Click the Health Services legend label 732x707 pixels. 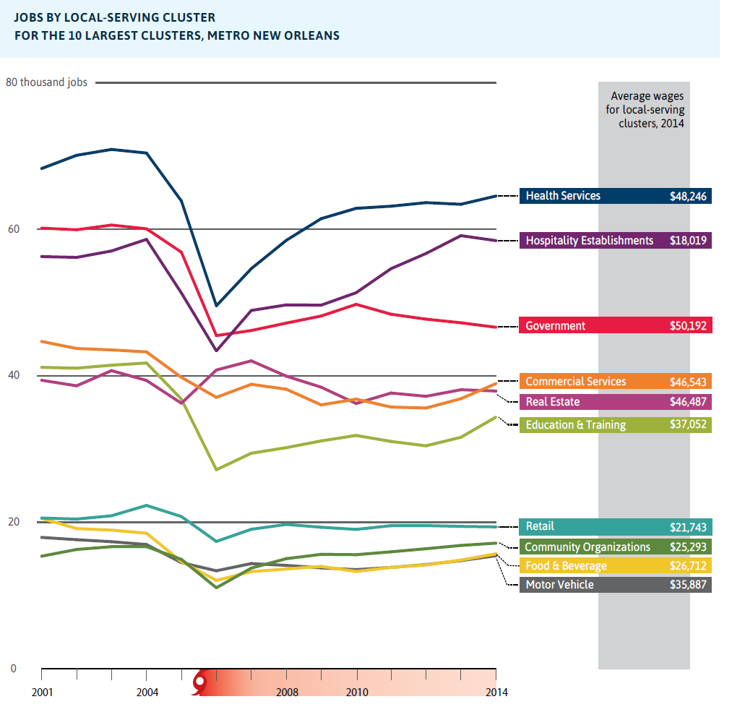coord(563,196)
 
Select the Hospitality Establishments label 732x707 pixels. coord(589,241)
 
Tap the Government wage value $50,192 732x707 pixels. coord(688,326)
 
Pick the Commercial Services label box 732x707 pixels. coord(575,382)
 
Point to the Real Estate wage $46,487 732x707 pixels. coord(688,402)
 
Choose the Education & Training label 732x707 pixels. coord(575,425)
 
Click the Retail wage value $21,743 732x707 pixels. coord(688,527)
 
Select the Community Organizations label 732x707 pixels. coord(587,547)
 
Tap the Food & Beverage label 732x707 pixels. coord(566,566)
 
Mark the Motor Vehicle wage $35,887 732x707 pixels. coord(688,585)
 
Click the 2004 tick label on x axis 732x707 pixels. coord(147,693)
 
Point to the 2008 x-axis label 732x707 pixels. coord(287,693)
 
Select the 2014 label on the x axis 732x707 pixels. coord(496,693)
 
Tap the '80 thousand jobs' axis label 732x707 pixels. coord(46,82)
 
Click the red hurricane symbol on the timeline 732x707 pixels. coord(200,681)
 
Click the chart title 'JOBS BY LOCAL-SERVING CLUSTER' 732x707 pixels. coord(114,17)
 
